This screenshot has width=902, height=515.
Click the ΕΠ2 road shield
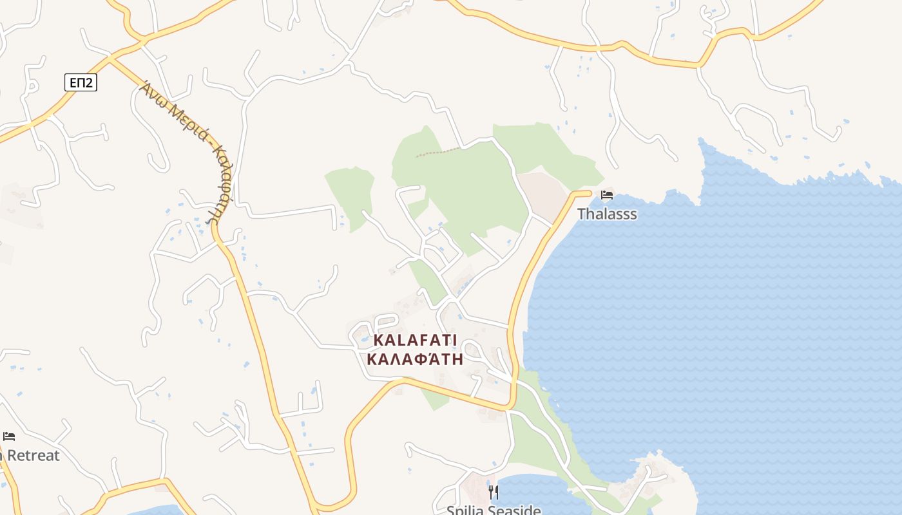click(x=81, y=82)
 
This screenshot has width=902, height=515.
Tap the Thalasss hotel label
click(x=607, y=214)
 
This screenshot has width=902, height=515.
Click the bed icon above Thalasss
click(x=606, y=195)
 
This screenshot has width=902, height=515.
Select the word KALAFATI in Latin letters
click(x=415, y=339)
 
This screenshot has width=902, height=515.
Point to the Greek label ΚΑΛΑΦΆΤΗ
click(x=415, y=359)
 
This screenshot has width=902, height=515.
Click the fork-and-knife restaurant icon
click(x=494, y=492)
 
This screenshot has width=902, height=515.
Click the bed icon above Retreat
click(x=9, y=436)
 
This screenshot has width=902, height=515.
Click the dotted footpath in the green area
click(x=438, y=153)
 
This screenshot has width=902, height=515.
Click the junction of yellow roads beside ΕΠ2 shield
click(x=110, y=59)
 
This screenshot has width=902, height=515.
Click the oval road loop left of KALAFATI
click(x=359, y=335)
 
